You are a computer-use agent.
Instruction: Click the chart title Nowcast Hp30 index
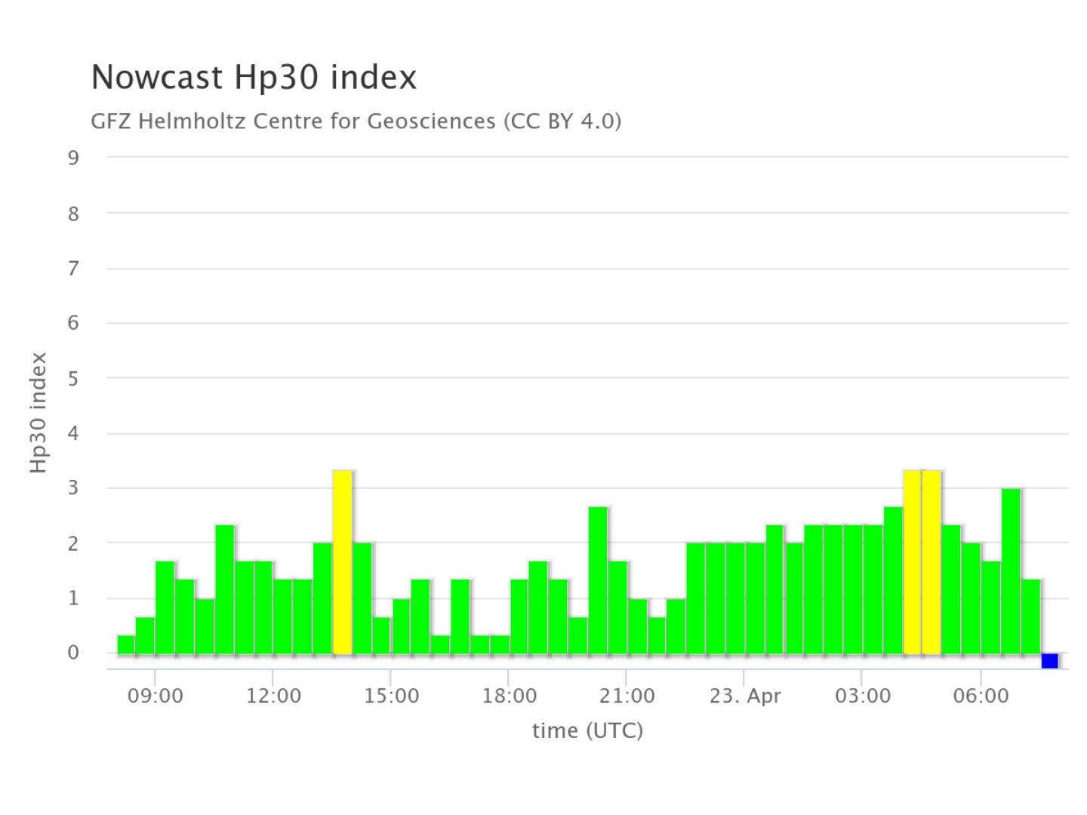[x=254, y=78]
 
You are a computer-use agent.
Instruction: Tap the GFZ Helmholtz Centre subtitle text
[x=356, y=121]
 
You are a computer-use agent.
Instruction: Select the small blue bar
[x=1049, y=661]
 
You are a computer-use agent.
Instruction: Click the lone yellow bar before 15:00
[x=343, y=561]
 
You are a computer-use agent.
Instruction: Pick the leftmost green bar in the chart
[x=126, y=644]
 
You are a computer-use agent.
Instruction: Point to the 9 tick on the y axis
[x=73, y=158]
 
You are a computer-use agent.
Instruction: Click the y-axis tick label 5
[x=73, y=378]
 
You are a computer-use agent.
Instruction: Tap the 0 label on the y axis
[x=73, y=653]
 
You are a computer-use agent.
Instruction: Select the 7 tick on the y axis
[x=73, y=268]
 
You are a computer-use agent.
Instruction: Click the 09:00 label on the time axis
[x=155, y=696]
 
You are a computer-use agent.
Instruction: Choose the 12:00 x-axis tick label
[x=273, y=696]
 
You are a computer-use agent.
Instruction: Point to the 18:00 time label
[x=509, y=696]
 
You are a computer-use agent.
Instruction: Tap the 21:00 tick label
[x=627, y=696]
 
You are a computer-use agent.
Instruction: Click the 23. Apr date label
[x=744, y=696]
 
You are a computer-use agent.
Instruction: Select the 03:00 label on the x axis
[x=862, y=696]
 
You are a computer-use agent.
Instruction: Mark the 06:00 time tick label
[x=980, y=696]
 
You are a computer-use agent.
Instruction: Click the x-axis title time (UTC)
[x=587, y=730]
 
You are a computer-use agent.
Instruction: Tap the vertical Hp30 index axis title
[x=38, y=413]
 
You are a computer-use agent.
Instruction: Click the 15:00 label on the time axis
[x=391, y=696]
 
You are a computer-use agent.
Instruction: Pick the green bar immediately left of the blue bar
[x=1030, y=616]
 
